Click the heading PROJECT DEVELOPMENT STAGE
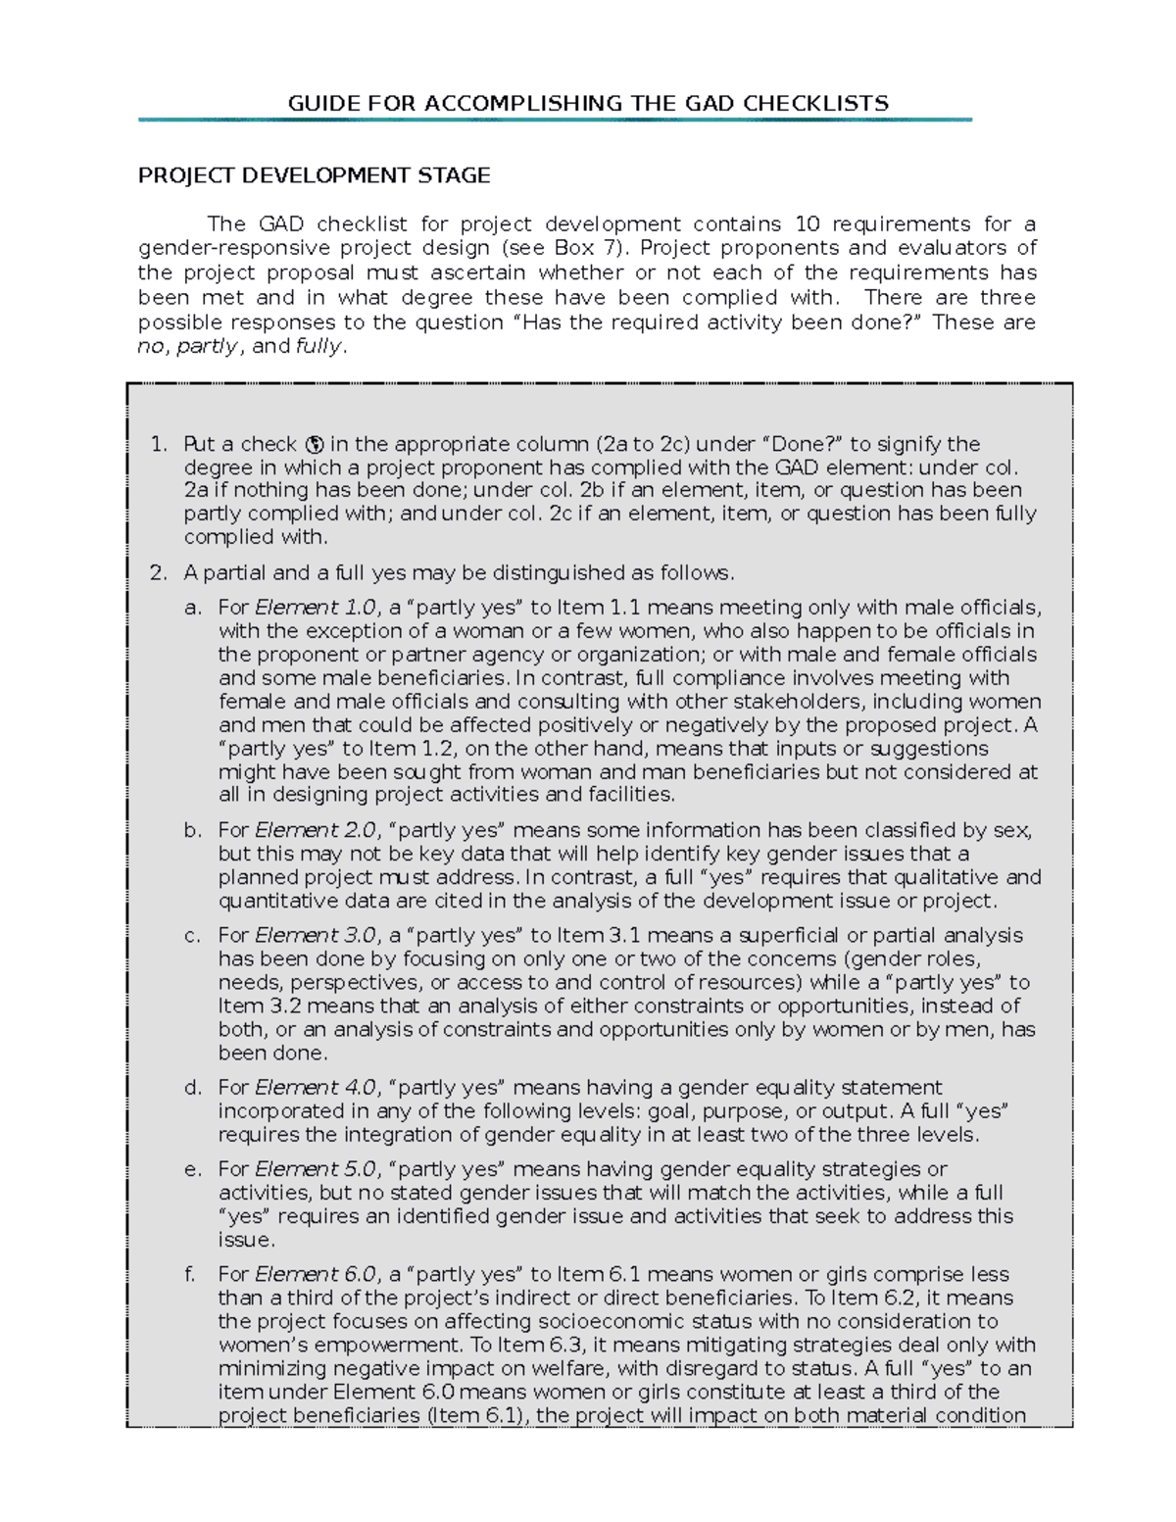(314, 175)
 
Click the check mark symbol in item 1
(315, 444)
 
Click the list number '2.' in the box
(160, 572)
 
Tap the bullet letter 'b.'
(193, 831)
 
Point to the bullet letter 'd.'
(193, 1088)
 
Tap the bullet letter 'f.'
(191, 1275)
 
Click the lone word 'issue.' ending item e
(246, 1240)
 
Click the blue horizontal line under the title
(555, 121)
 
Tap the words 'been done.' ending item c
(272, 1054)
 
